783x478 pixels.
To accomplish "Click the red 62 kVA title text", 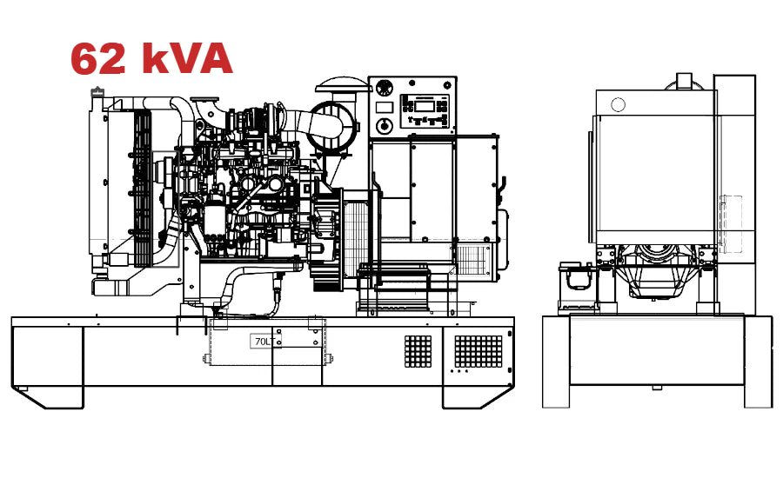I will click(x=151, y=59).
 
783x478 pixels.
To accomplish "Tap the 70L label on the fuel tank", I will click(x=261, y=342).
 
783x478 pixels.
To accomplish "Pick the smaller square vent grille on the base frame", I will click(x=418, y=350).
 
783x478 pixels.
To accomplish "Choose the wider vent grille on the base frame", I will click(x=478, y=351).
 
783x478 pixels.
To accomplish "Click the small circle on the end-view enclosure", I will click(x=618, y=105).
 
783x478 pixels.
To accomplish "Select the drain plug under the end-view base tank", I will click(x=657, y=388).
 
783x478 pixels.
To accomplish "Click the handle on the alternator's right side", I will click(x=502, y=183).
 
